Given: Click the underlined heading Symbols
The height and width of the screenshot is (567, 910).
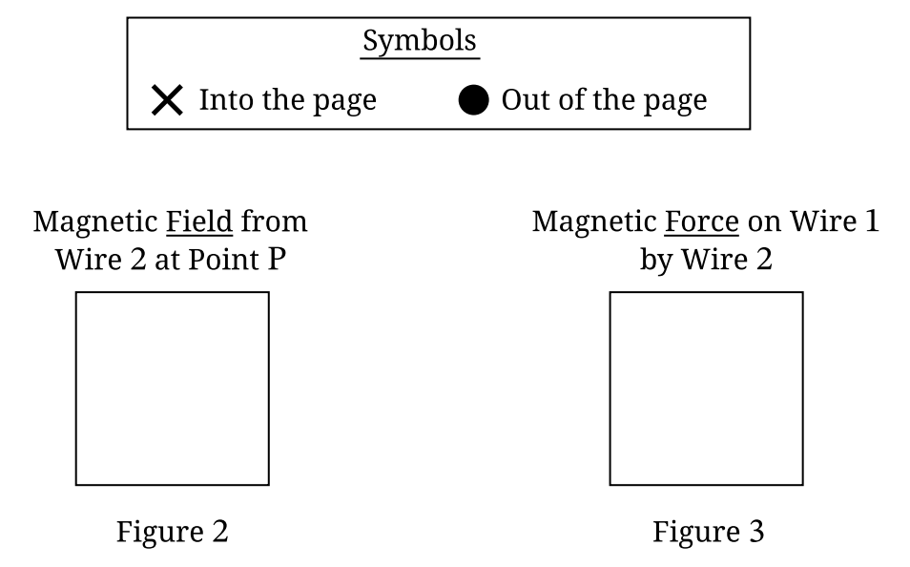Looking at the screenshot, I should point(420,42).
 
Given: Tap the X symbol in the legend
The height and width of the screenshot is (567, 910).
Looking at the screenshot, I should point(167,99).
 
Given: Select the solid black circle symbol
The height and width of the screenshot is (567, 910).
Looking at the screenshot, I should point(474,99).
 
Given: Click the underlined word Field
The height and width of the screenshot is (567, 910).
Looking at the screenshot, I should point(199,221).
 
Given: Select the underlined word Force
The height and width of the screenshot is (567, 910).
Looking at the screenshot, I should point(701,221).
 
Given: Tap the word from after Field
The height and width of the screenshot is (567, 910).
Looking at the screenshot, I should point(274,221).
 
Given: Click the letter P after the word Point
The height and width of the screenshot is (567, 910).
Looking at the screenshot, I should point(277,259).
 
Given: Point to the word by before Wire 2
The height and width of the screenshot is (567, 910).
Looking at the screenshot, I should point(656,260).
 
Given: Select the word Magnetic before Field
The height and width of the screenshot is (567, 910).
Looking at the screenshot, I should point(95,221).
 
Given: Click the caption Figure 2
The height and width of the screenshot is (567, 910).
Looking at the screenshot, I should point(173,532).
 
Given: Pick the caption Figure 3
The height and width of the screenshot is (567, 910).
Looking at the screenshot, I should point(708,532).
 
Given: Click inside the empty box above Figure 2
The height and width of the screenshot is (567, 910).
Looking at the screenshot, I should point(173,388).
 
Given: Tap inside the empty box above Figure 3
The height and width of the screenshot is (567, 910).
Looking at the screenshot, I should point(706,388).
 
